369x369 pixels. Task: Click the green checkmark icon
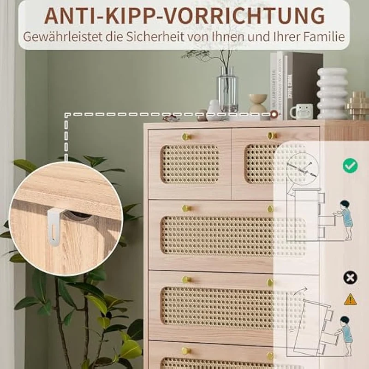click(x=350, y=166)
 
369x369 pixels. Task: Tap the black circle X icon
click(x=350, y=278)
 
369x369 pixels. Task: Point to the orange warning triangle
click(x=350, y=299)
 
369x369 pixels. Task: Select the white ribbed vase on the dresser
click(x=332, y=94)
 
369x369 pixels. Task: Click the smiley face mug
click(x=302, y=111)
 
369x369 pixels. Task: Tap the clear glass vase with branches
click(x=227, y=92)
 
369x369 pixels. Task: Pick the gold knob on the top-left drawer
click(x=186, y=137)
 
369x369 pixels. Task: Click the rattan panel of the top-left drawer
click(x=190, y=164)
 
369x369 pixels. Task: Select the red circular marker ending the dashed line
click(x=274, y=114)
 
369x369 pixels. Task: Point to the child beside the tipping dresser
click(x=344, y=336)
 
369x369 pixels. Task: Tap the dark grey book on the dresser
click(x=304, y=86)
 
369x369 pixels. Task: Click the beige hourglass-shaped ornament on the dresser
click(x=258, y=103)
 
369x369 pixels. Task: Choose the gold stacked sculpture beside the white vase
click(x=357, y=105)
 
